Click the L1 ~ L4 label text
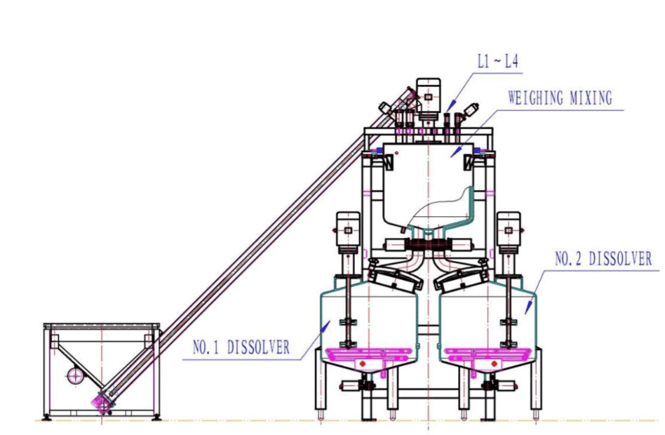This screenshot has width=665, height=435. (497, 62)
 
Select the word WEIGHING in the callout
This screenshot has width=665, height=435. (536, 98)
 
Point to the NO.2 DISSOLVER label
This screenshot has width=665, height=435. (603, 258)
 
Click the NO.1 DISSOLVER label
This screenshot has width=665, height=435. (241, 347)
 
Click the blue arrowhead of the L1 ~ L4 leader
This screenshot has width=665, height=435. (451, 105)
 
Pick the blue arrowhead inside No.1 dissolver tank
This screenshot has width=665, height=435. (325, 327)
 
